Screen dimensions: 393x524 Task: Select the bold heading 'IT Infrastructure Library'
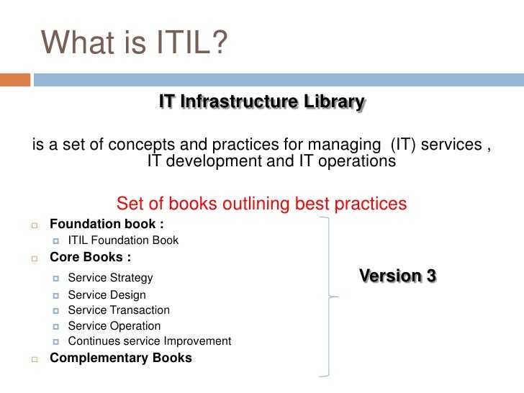262,102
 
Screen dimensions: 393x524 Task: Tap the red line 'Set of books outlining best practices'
261,204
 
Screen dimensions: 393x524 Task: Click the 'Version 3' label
397,276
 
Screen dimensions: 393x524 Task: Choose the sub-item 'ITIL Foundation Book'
123,240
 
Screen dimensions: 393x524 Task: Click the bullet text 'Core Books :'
90,256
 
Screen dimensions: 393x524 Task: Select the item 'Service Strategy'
110,278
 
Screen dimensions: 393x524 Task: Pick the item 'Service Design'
107,294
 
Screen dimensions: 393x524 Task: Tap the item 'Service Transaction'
119,310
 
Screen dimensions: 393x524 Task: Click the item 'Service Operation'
114,326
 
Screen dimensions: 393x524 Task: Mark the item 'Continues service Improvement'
149,341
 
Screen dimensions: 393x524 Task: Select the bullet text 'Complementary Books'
121,358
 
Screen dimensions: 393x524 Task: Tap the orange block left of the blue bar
15,79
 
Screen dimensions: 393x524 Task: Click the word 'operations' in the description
357,161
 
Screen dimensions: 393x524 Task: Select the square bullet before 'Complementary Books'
34,358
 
